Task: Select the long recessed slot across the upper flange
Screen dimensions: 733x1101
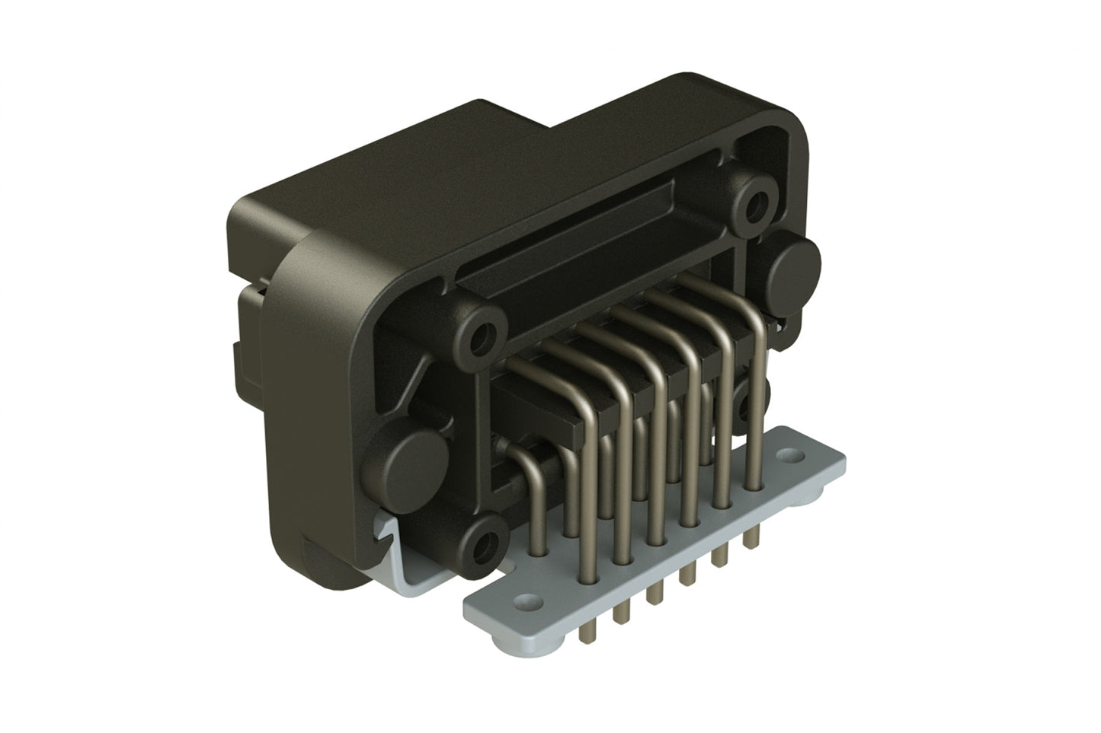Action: coord(587,228)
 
